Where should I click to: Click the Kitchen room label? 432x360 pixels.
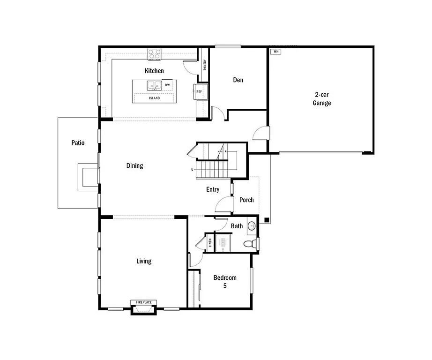tap(154, 71)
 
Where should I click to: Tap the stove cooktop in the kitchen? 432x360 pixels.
tap(154, 54)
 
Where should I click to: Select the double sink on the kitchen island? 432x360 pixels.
tap(155, 85)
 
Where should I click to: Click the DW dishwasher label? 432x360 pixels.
tap(167, 85)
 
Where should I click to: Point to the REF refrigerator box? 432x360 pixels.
tap(199, 91)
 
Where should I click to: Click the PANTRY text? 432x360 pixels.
tap(205, 64)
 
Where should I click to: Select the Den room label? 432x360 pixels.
tap(238, 80)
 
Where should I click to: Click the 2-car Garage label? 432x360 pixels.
tap(322, 98)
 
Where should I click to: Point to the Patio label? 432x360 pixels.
tap(78, 142)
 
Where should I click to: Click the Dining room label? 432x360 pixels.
tap(134, 165)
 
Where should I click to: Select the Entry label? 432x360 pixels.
tap(213, 189)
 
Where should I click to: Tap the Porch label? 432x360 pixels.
tap(246, 200)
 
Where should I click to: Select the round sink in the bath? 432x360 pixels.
tap(252, 225)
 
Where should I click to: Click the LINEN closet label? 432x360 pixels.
tap(210, 242)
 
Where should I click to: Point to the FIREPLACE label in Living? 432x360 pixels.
tap(144, 302)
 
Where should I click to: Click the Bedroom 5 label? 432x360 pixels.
tap(225, 281)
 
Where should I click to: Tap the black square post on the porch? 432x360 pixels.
tap(266, 219)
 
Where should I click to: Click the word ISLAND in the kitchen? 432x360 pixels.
tap(154, 98)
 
